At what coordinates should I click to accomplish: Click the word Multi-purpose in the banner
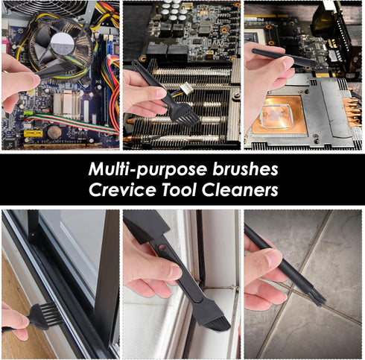(147, 170)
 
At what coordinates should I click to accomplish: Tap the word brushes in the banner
(245, 168)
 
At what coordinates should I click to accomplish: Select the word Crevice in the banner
(122, 190)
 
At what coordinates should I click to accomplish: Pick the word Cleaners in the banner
(240, 190)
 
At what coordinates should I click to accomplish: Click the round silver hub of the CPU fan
(63, 44)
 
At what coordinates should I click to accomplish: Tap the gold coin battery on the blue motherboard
(54, 132)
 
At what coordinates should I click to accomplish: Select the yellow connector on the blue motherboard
(33, 133)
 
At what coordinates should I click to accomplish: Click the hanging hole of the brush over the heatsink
(136, 63)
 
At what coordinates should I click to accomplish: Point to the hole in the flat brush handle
(162, 247)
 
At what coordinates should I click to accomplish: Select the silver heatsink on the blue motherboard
(67, 104)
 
